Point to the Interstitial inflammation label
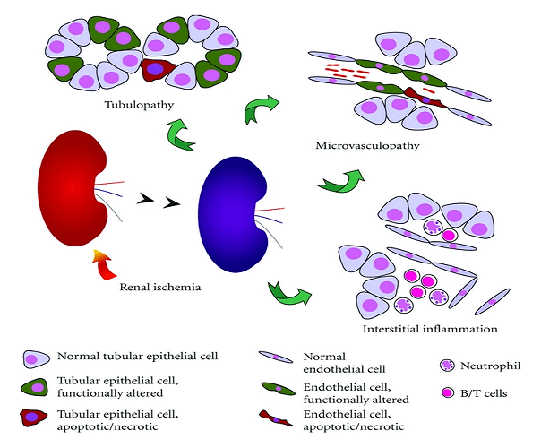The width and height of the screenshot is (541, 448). [430, 329]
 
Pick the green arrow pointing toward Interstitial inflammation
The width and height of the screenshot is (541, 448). [288, 293]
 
